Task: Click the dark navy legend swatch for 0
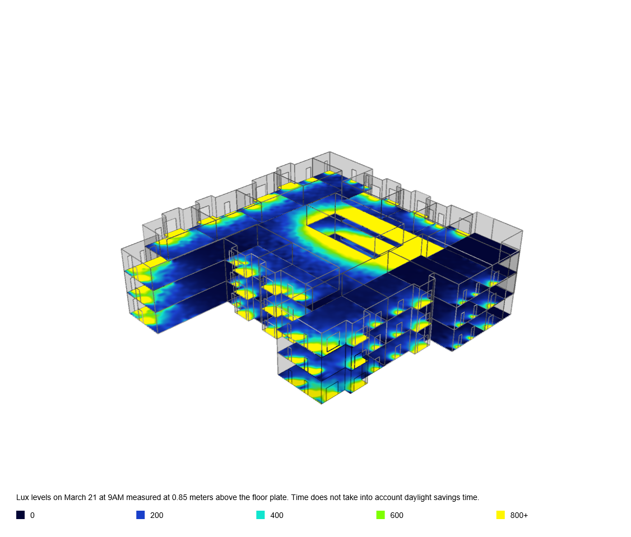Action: pos(21,515)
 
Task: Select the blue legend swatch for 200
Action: pos(141,515)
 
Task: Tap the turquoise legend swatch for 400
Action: pos(261,515)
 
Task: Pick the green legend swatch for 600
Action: pos(381,515)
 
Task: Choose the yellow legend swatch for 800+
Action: pos(500,515)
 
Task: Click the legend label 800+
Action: pos(519,515)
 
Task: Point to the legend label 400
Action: pos(277,515)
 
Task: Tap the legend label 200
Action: pos(156,515)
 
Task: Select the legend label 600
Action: pos(397,515)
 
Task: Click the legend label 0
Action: pos(33,515)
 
